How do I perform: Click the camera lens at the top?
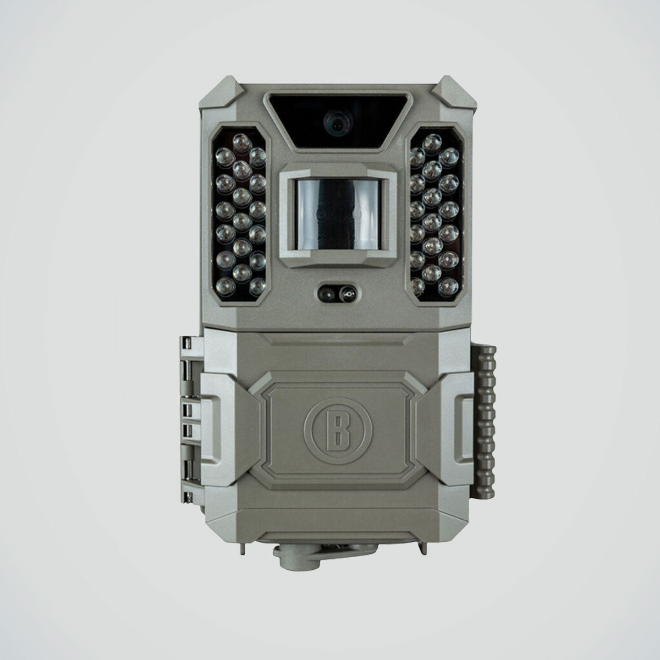(x=337, y=123)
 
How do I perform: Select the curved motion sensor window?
(x=338, y=215)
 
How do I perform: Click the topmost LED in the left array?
(x=242, y=143)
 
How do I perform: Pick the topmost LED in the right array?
(x=432, y=143)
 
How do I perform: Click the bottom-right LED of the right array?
(x=448, y=287)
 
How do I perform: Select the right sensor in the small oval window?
(x=347, y=294)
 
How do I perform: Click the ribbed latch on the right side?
(x=483, y=422)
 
